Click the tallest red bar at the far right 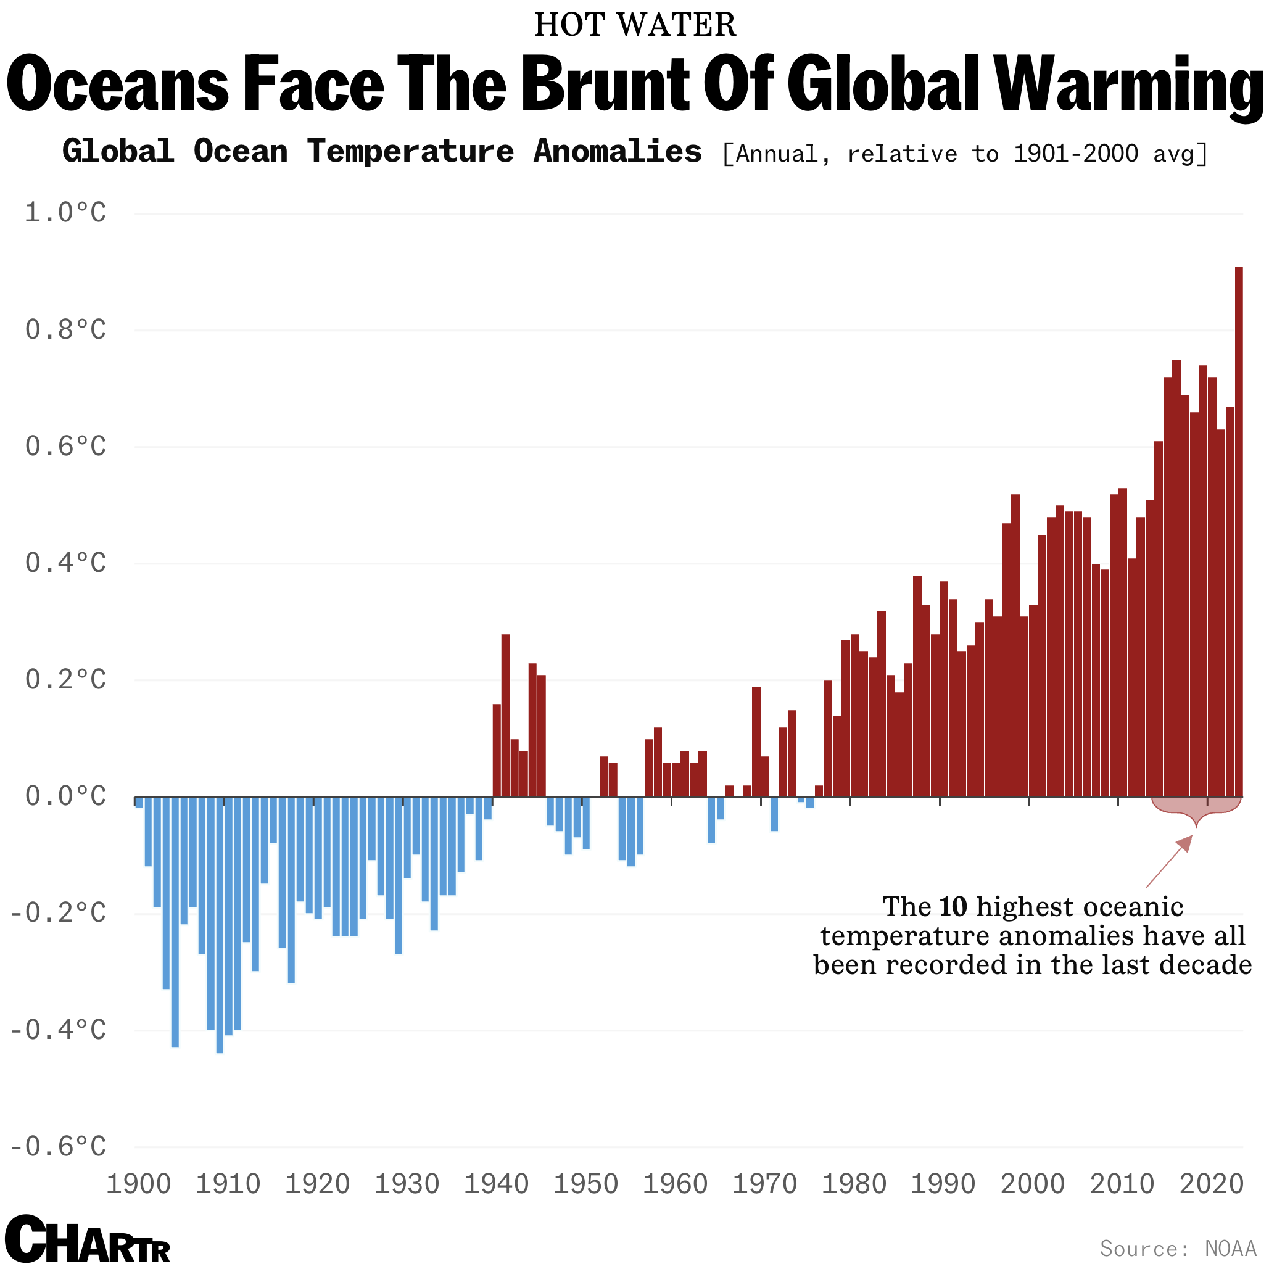(1238, 532)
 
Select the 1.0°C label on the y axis (65, 213)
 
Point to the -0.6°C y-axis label (58, 1147)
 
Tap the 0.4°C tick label (65, 563)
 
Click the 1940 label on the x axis (496, 1184)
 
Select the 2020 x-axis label (1211, 1184)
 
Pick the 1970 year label (764, 1184)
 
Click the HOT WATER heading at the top (634, 25)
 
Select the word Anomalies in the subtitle (618, 152)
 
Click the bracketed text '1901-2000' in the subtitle (1075, 154)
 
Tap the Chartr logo (88, 1239)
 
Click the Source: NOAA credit (1178, 1248)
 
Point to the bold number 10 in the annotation (953, 907)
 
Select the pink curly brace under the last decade (1196, 809)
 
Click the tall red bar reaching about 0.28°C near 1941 (505, 716)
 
